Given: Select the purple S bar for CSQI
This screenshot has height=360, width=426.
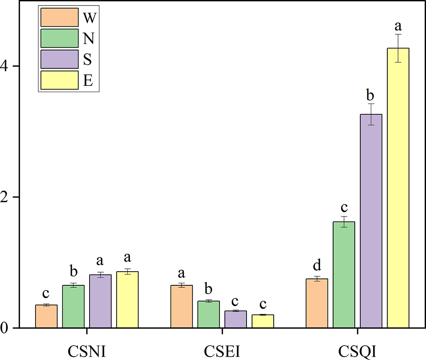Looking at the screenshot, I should (371, 221).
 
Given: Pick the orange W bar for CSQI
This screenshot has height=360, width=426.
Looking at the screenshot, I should (317, 303).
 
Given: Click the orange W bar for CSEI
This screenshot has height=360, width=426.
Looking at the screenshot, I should (181, 306).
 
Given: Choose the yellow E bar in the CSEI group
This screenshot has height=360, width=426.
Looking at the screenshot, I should (263, 321).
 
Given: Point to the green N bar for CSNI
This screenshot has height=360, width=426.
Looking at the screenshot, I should (73, 306).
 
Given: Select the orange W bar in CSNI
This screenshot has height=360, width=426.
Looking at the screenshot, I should (46, 316).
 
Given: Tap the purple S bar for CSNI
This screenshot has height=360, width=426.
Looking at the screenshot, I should (100, 301).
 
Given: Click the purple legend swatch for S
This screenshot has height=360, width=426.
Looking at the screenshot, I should (59, 59).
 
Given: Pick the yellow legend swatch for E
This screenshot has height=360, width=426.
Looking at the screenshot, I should (59, 80).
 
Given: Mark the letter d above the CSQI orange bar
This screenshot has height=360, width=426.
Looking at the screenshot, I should (317, 266).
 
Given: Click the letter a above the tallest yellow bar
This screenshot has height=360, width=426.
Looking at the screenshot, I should (398, 26).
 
